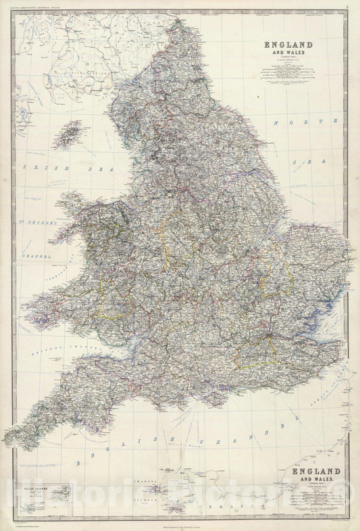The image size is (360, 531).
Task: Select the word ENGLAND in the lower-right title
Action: click(313, 471)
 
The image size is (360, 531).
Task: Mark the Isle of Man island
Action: click(68, 134)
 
